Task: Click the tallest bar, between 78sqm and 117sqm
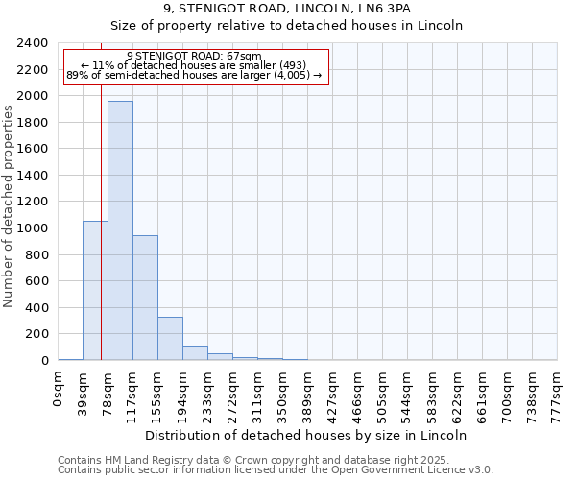[x=120, y=230]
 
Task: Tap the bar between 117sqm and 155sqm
[x=145, y=298]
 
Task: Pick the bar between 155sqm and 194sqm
[x=170, y=338]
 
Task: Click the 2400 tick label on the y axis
[x=33, y=44]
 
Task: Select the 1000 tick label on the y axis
[x=33, y=228]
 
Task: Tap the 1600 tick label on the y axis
[x=33, y=150]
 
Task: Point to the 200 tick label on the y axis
[x=36, y=334]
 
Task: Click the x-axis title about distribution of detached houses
[x=308, y=435]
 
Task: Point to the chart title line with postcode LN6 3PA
[x=287, y=9]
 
